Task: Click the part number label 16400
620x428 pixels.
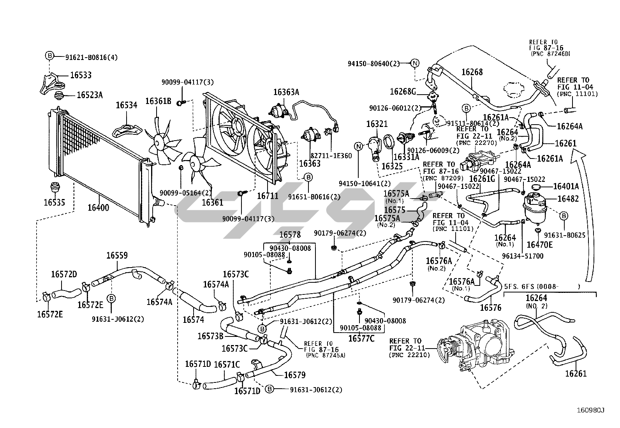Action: [x=98, y=207]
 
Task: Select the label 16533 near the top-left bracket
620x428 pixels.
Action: [x=81, y=75]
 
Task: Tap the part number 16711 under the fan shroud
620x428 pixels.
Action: [x=268, y=196]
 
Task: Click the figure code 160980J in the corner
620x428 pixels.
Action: [x=591, y=410]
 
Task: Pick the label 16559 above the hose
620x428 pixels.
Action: [x=117, y=255]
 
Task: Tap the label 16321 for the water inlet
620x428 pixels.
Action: [x=377, y=124]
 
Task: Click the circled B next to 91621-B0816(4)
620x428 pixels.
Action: [x=49, y=56]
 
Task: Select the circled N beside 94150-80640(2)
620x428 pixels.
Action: [x=415, y=63]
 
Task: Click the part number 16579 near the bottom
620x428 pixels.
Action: [x=294, y=375]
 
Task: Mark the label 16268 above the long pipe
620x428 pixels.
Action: [x=472, y=72]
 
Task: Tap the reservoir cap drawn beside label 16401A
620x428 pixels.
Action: [x=537, y=189]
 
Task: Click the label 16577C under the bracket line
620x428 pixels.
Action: [x=361, y=338]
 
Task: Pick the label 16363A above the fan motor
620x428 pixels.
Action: [x=286, y=92]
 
